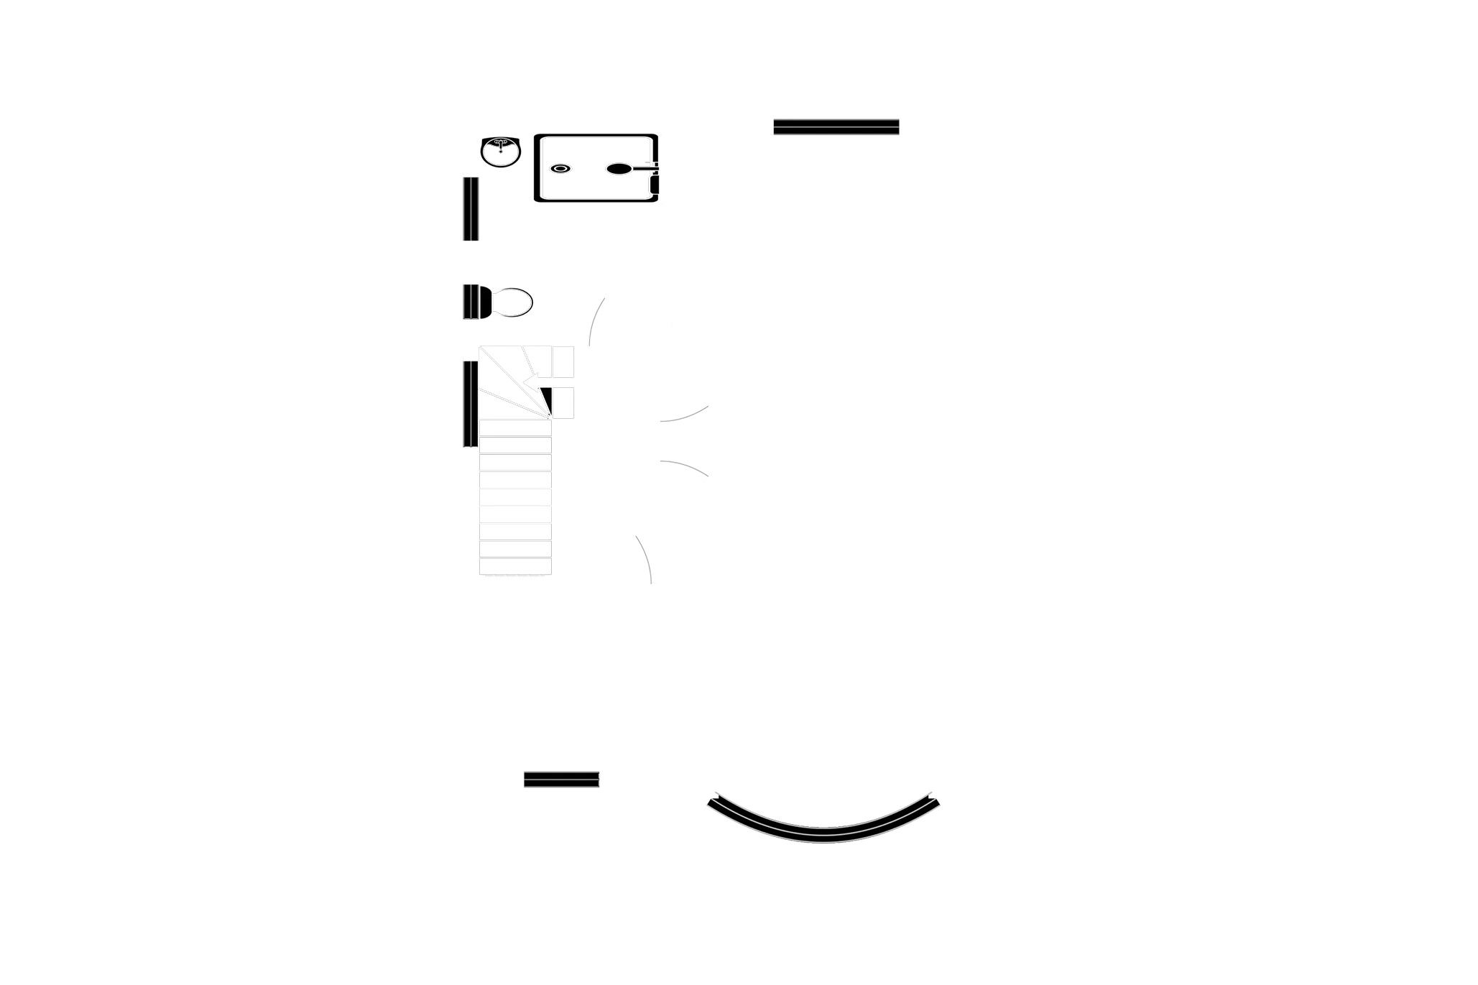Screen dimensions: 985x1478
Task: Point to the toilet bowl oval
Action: [x=513, y=302]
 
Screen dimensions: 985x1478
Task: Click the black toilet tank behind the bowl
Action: [x=471, y=302]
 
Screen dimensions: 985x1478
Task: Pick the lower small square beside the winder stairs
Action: [x=563, y=402]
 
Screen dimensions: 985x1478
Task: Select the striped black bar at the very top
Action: [x=836, y=125]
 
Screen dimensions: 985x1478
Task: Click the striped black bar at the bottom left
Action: [x=561, y=780]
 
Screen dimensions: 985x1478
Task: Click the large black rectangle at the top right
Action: [x=833, y=172]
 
